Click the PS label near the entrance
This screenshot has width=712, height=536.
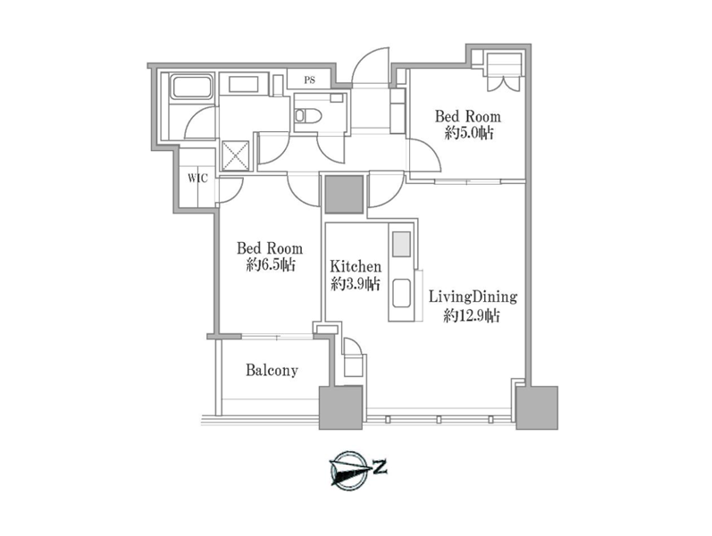(309, 80)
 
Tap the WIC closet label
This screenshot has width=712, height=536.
(198, 178)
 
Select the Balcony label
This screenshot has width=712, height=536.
(272, 370)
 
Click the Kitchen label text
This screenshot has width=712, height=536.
(356, 266)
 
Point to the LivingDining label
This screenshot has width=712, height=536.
(473, 297)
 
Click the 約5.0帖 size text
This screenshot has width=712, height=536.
(469, 133)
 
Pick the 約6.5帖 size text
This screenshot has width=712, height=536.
(271, 264)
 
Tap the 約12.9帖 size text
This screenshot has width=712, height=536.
(472, 315)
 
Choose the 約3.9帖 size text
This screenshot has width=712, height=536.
(356, 284)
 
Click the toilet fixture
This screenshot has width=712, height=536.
(308, 116)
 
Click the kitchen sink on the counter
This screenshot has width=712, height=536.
(401, 293)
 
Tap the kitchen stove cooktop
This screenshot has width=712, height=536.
(401, 244)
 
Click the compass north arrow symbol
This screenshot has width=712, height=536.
(348, 470)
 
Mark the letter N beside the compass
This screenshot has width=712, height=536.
(380, 467)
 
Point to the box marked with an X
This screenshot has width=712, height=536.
(235, 155)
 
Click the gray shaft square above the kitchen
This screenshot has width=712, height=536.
(345, 195)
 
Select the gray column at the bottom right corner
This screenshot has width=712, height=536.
(537, 407)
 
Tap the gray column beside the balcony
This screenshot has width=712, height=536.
(340, 407)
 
